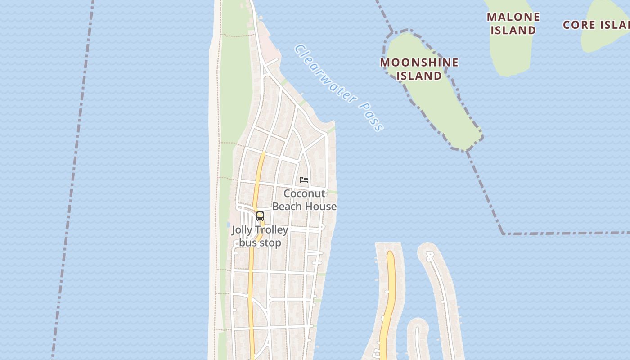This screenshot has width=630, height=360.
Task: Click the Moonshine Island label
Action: tap(419, 69)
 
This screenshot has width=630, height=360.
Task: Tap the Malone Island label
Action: tap(513, 23)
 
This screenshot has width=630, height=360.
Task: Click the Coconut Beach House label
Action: tap(305, 200)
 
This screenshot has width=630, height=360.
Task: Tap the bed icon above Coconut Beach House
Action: tap(304, 180)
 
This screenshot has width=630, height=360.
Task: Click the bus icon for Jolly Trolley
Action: tap(260, 216)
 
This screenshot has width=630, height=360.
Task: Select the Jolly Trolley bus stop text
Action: tap(260, 236)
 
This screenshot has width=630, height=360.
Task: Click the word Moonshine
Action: tap(419, 62)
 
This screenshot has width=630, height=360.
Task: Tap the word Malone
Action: tap(513, 17)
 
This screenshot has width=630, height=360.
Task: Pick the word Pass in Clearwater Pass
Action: tap(372, 118)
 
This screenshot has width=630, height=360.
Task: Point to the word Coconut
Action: tap(304, 193)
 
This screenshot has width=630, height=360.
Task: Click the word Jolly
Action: tap(243, 230)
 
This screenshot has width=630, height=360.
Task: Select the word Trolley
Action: tap(274, 230)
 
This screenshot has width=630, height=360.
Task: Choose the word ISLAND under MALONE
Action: tap(513, 30)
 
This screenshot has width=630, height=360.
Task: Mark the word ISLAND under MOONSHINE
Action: tap(419, 76)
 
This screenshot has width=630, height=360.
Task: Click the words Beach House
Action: tap(305, 207)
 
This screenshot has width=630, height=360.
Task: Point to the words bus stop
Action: tap(260, 243)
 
